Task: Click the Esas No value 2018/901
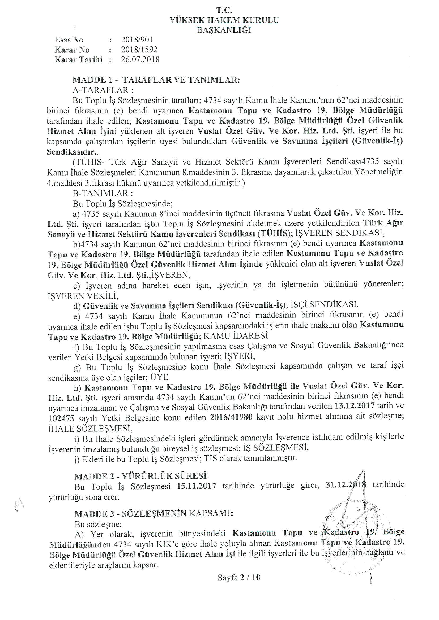(137, 40)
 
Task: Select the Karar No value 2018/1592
(139, 49)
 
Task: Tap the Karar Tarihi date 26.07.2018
(140, 59)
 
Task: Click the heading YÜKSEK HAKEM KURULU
(224, 20)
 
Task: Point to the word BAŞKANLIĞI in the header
(224, 30)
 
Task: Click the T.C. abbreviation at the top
(224, 10)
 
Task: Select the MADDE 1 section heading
(156, 80)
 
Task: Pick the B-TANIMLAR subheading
(103, 193)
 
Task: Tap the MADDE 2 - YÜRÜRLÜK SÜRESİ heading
(142, 476)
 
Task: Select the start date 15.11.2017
(197, 486)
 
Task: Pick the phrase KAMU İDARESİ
(236, 336)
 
